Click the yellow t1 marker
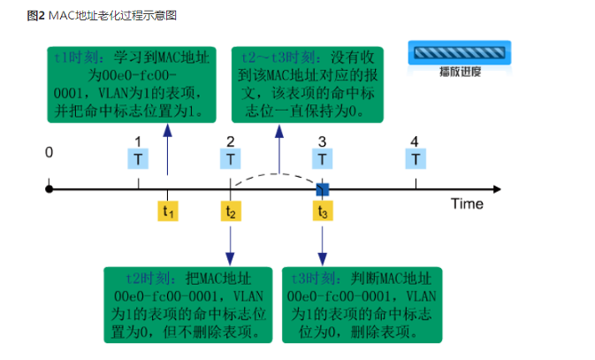click(167, 211)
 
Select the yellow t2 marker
click(230, 211)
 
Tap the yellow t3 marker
click(323, 211)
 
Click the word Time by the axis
click(468, 204)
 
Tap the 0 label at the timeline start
click(50, 152)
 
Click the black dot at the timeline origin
click(50, 188)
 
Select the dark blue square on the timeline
click(323, 188)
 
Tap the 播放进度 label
click(460, 73)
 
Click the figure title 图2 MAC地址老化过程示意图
click(95, 15)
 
